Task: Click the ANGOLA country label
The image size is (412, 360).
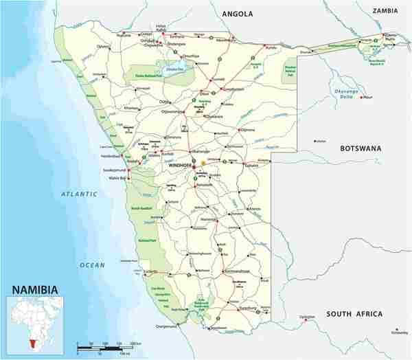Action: pyautogui.click(x=238, y=14)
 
